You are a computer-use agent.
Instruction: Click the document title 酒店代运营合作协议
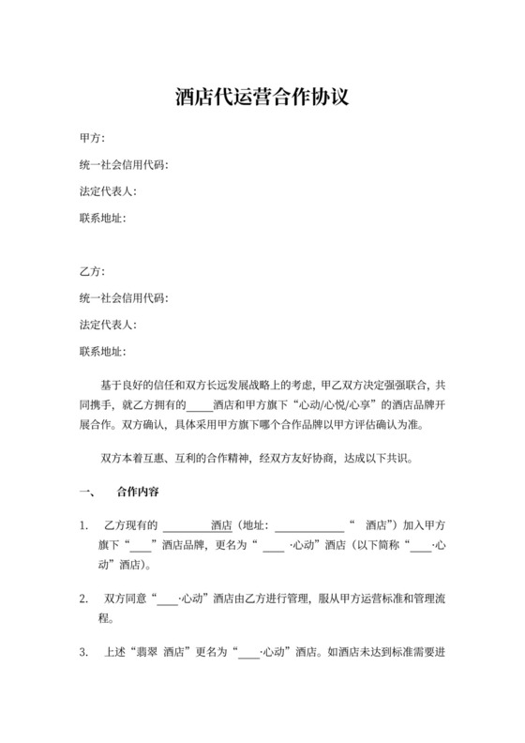[x=262, y=97]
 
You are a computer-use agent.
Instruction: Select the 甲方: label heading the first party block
[x=92, y=138]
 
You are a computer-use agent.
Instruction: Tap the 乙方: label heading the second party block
[x=92, y=272]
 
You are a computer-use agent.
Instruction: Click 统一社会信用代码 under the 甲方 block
[x=125, y=165]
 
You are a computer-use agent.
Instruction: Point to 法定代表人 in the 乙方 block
[x=110, y=326]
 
